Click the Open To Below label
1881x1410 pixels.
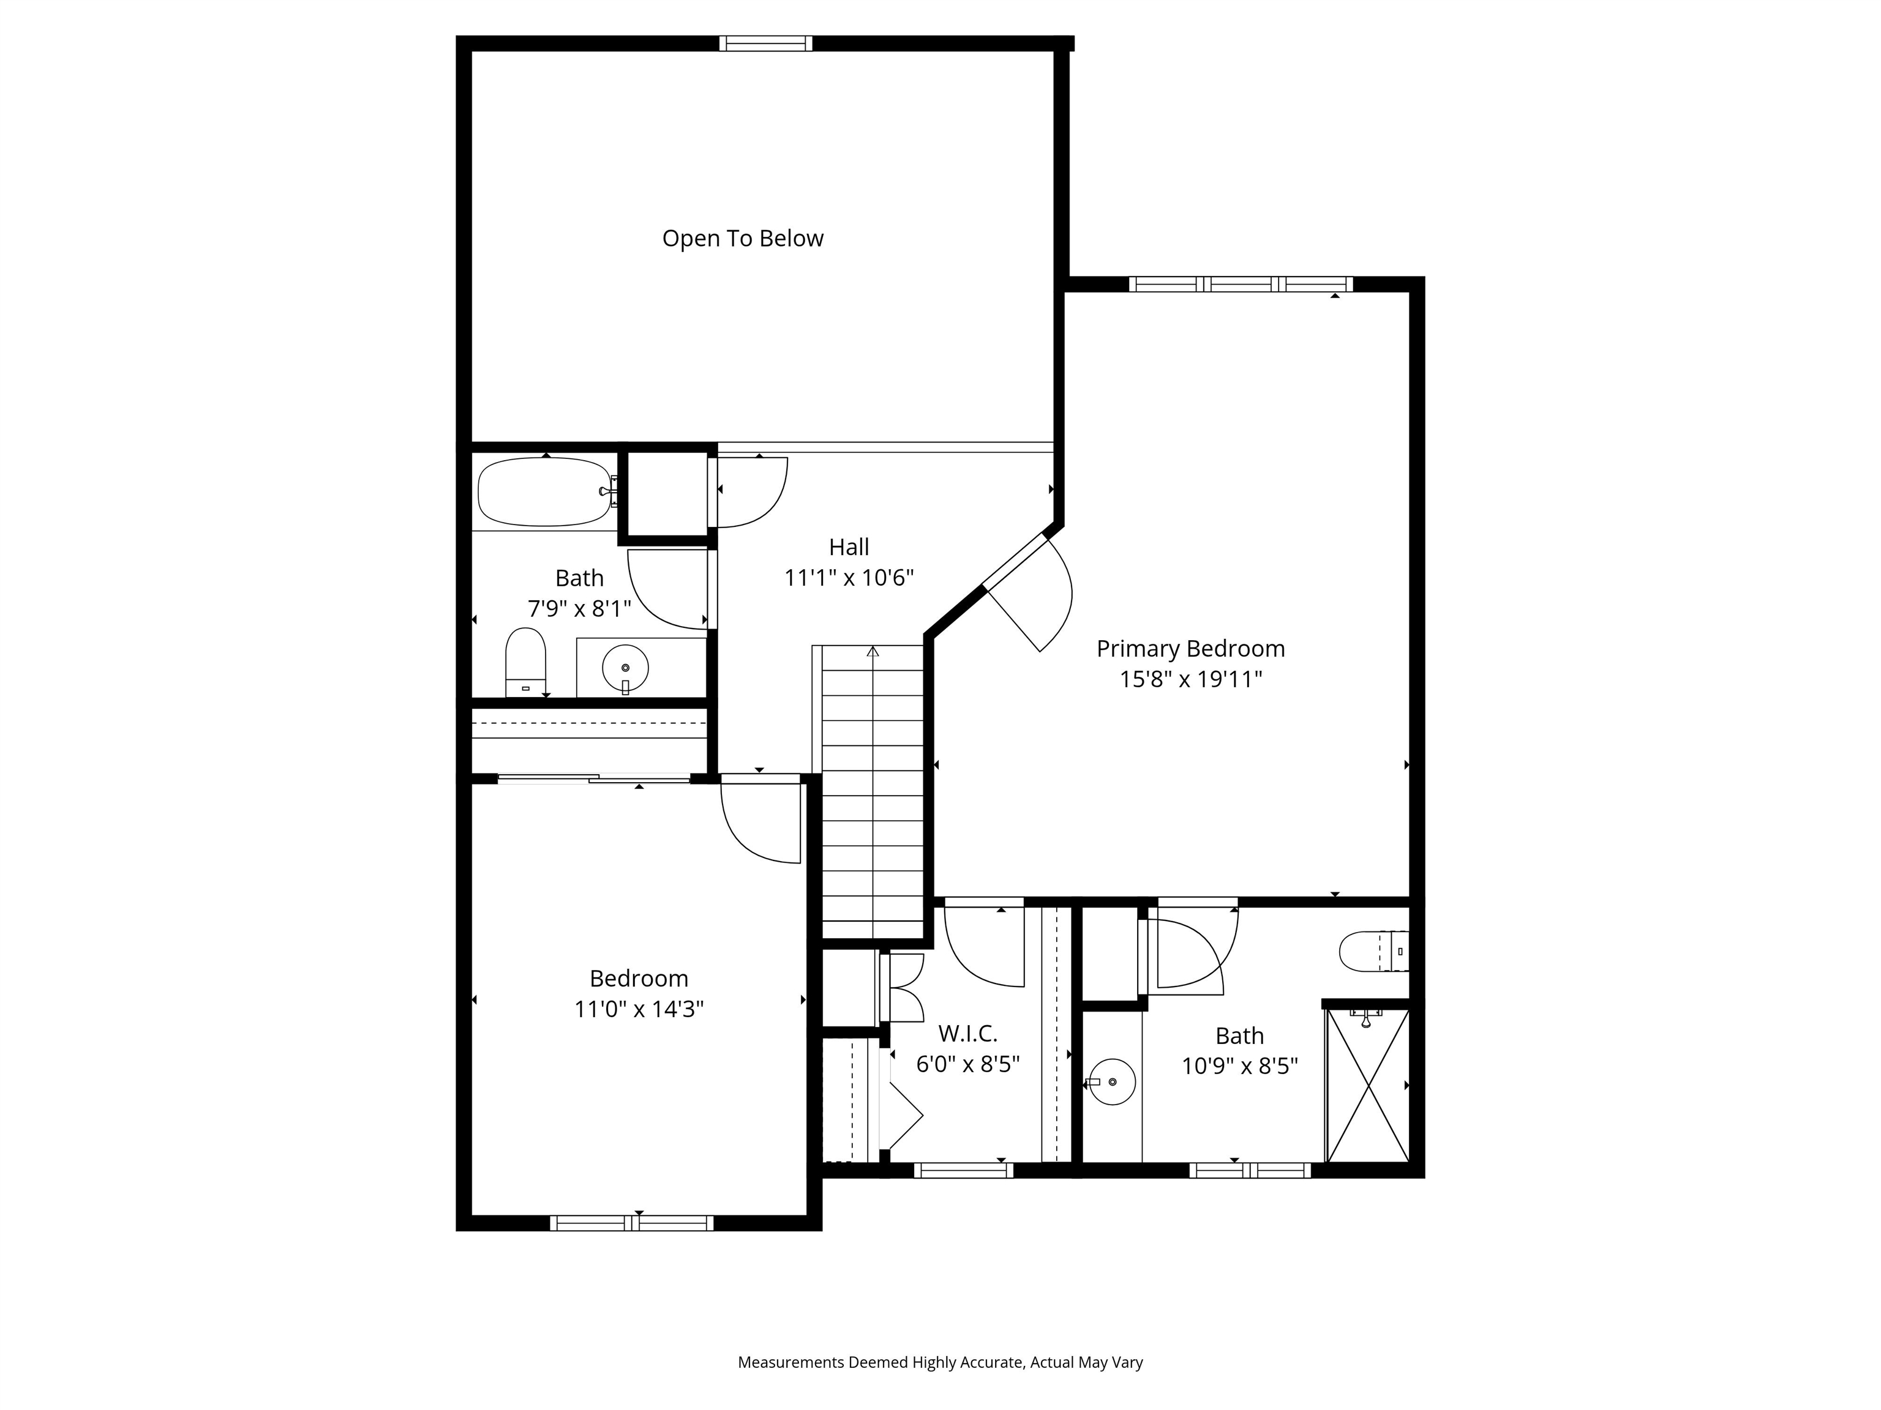point(742,239)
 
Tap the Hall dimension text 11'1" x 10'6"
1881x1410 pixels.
point(849,578)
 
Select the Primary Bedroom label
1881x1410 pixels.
point(1190,649)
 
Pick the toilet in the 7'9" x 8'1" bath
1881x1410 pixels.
point(525,661)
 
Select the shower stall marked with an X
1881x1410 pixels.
point(1367,1085)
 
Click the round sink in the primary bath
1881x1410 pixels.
point(1113,1082)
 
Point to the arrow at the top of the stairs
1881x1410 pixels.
point(873,652)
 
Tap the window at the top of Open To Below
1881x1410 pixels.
point(765,43)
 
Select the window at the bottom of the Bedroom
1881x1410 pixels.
point(632,1223)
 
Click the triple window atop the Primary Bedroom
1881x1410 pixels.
point(1241,284)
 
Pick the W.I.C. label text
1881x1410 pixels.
point(967,1034)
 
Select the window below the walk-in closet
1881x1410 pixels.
point(963,1170)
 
